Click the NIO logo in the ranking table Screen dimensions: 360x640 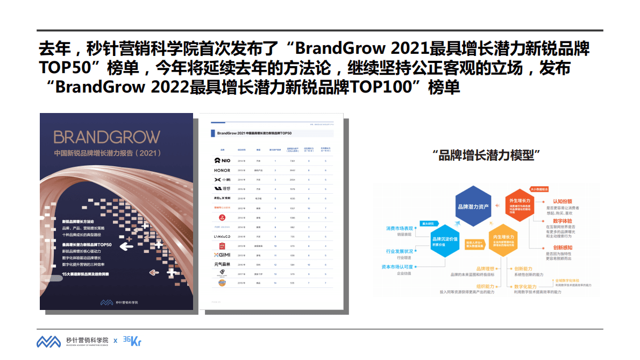click(222, 160)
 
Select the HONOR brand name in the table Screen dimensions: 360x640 click(222, 170)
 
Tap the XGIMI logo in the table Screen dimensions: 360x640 click(222, 255)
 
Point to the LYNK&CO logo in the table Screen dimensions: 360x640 click(222, 236)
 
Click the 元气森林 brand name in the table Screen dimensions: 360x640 click(222, 264)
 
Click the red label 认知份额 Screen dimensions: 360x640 click(563, 201)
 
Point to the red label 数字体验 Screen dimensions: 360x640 click(563, 221)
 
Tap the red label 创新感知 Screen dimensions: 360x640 click(563, 247)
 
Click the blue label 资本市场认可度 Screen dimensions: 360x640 click(397, 267)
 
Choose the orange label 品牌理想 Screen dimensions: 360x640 click(485, 269)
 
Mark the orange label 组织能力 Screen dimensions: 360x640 click(485, 286)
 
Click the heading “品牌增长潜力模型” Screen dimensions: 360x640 click(486, 156)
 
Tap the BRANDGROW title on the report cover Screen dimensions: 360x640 click(106, 136)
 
